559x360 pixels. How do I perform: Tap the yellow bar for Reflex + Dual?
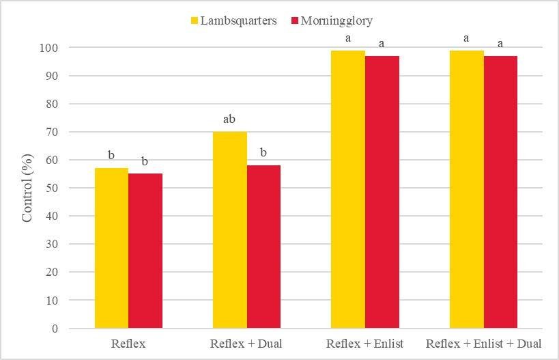tap(229, 230)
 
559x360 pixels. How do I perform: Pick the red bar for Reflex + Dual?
tap(263, 247)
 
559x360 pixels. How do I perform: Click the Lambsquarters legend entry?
tap(233, 20)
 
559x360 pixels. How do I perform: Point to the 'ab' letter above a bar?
tap(229, 120)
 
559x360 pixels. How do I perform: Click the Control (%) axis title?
tap(27, 188)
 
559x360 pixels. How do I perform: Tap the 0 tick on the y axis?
tap(55, 329)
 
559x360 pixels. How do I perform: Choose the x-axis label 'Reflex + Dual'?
tap(246, 343)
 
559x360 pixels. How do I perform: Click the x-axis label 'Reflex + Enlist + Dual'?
tap(483, 343)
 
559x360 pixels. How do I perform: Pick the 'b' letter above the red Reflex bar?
tap(145, 162)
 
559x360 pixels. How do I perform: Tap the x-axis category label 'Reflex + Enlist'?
tap(364, 343)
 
